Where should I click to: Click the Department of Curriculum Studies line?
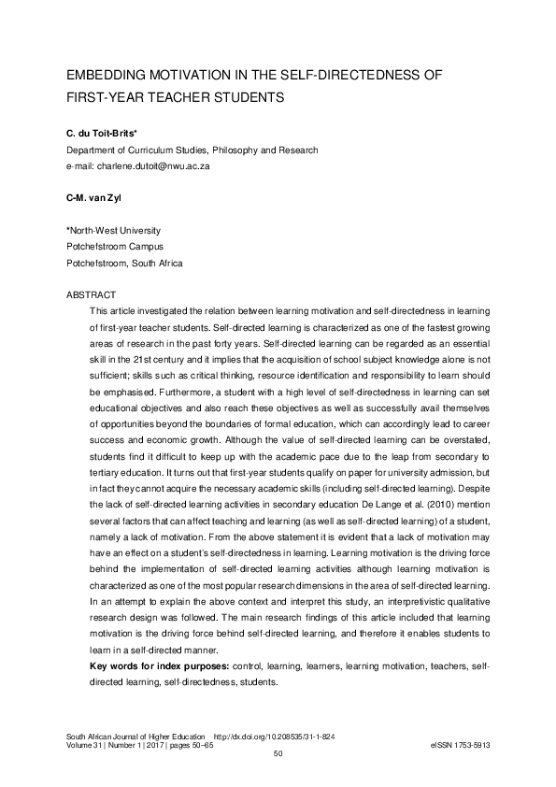[x=192, y=150]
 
